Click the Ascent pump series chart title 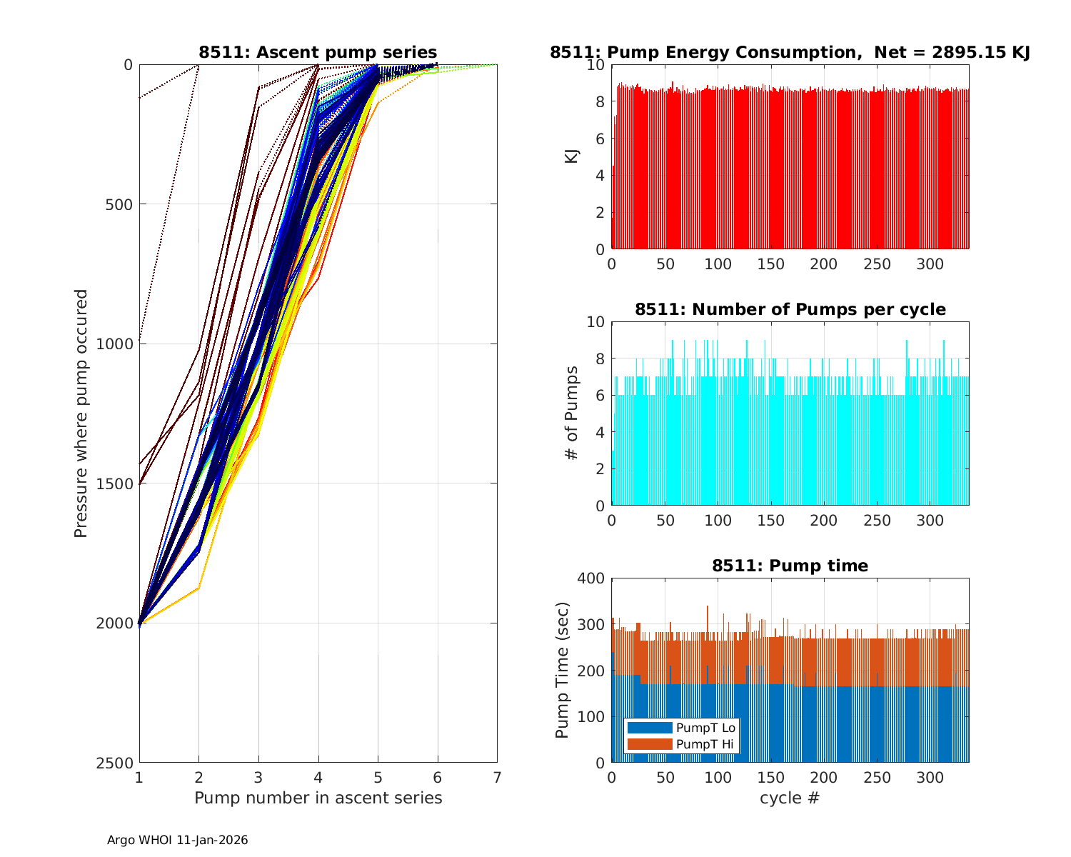click(x=318, y=52)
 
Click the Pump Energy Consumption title click(x=790, y=52)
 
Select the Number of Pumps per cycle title click(x=790, y=309)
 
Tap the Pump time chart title click(x=790, y=566)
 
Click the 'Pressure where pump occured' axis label click(x=81, y=413)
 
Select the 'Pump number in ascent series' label click(x=318, y=798)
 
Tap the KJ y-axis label click(x=572, y=156)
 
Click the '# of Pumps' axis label click(x=572, y=413)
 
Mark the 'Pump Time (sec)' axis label click(x=563, y=670)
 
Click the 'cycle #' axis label click(x=790, y=798)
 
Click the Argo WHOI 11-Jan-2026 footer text click(x=177, y=840)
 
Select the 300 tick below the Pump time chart click(x=930, y=777)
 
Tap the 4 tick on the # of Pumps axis click(x=599, y=432)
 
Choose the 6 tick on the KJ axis click(x=599, y=139)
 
